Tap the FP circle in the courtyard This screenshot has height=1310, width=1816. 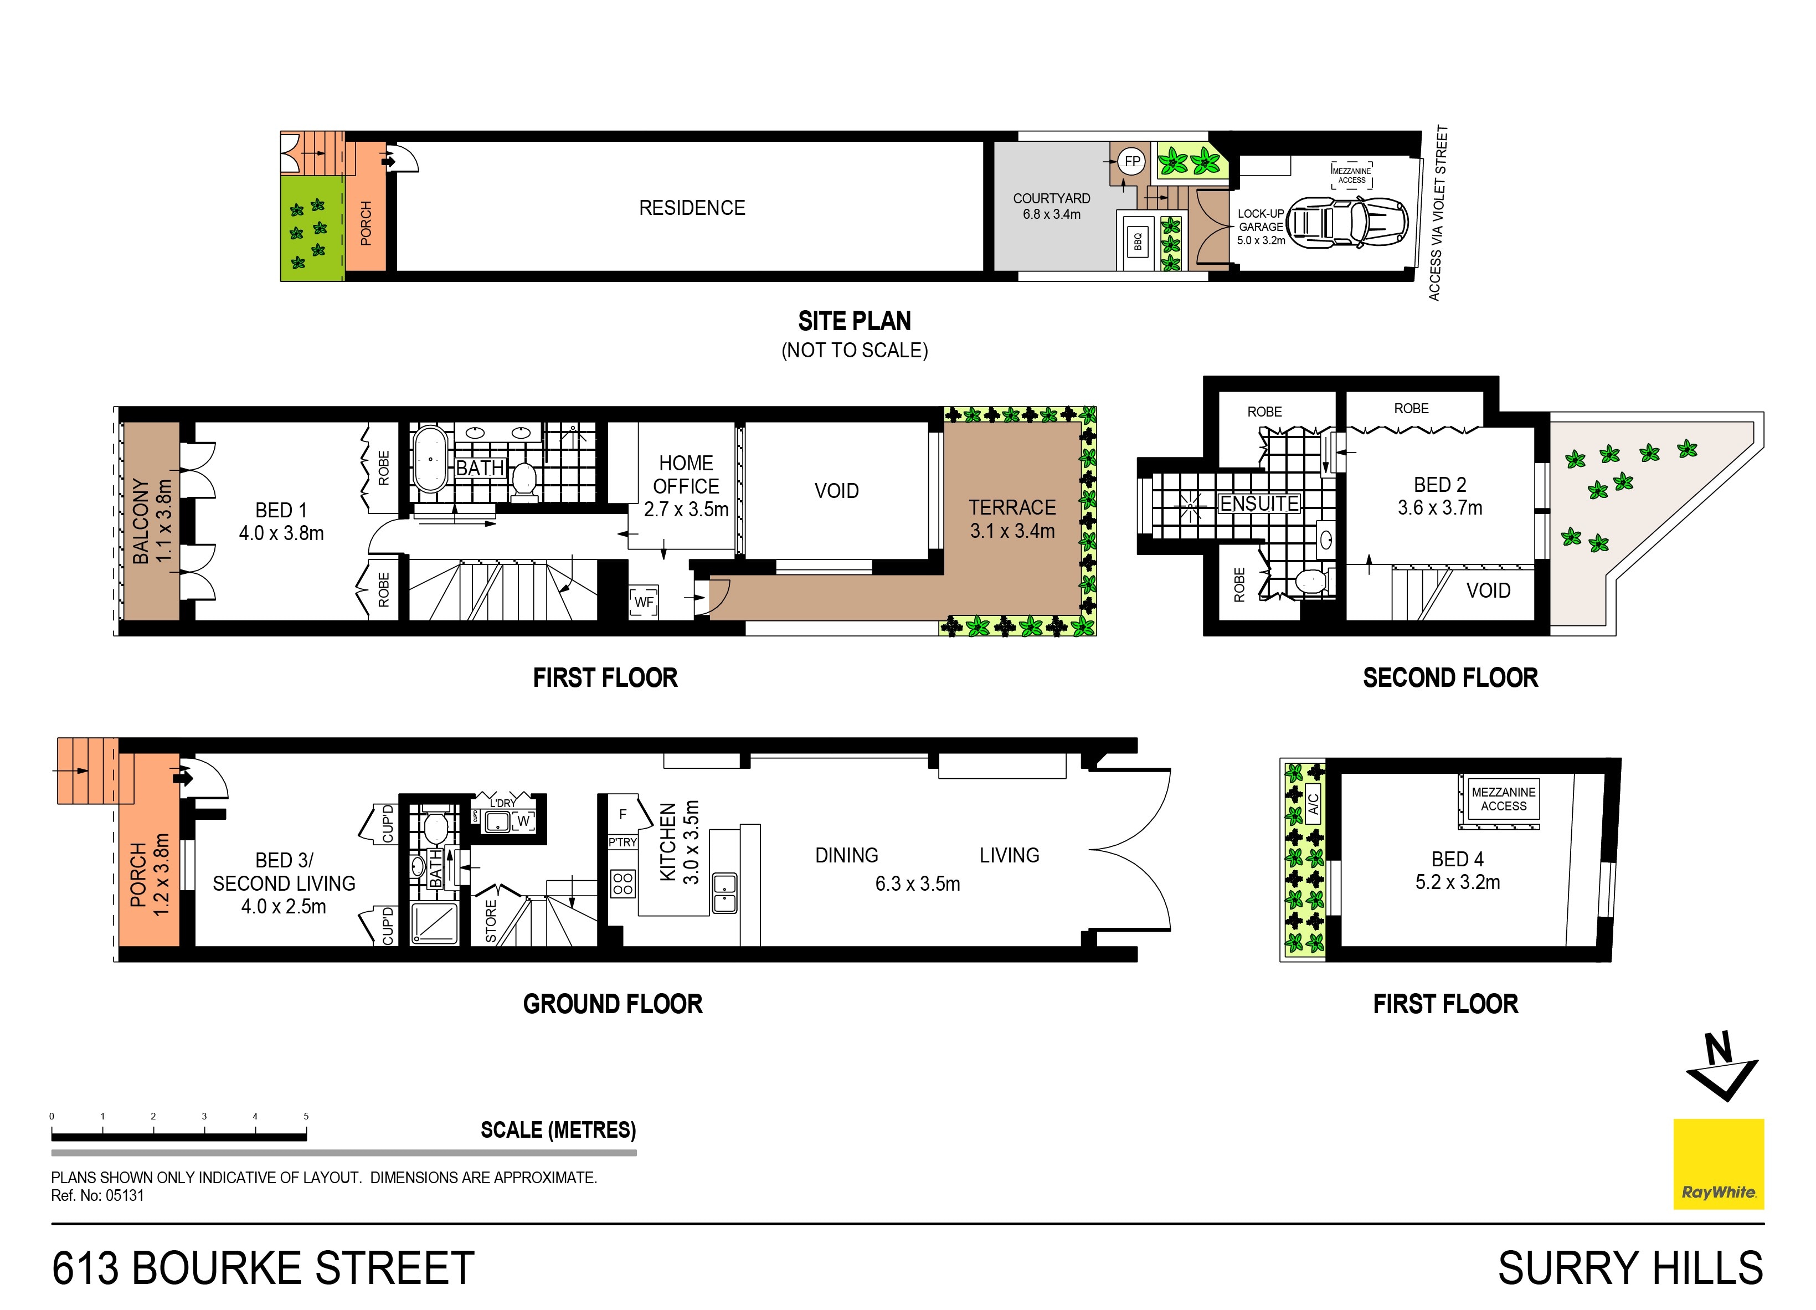pyautogui.click(x=1131, y=162)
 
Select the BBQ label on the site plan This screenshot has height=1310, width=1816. pyautogui.click(x=1138, y=241)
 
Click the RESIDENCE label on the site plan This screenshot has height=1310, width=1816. pyautogui.click(x=692, y=208)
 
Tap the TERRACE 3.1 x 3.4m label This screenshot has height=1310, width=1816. pyautogui.click(x=1012, y=519)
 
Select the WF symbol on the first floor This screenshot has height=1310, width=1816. pyautogui.click(x=644, y=602)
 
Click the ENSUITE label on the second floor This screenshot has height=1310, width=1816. pyautogui.click(x=1259, y=504)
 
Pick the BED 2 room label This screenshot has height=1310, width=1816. pyautogui.click(x=1439, y=496)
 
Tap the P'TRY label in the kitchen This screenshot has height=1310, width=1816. pyautogui.click(x=622, y=842)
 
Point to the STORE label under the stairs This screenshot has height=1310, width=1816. pyautogui.click(x=491, y=921)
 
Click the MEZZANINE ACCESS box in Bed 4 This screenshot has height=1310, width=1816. pyautogui.click(x=1503, y=799)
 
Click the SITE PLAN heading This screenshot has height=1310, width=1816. pyautogui.click(x=855, y=321)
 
